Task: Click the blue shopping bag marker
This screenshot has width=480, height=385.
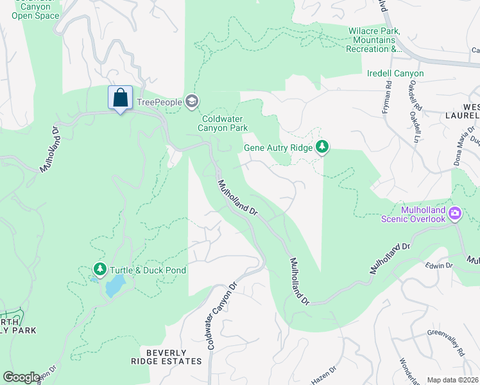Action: coord(120,98)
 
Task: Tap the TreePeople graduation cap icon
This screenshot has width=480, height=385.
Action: coord(191,101)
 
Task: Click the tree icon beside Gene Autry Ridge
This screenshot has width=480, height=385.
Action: coord(322,148)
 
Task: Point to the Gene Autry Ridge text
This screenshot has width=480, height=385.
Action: coord(278,148)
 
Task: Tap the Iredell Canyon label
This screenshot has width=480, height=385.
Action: coord(395,74)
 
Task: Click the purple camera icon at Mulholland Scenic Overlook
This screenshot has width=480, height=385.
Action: coord(455,212)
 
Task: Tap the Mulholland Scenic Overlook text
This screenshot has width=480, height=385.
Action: coord(422,214)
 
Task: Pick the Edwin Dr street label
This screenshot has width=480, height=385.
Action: coord(440,265)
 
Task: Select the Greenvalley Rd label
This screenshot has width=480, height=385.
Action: coord(447,341)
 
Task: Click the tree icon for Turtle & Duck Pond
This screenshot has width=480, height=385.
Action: coord(99,268)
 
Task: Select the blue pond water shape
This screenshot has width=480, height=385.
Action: coord(116,286)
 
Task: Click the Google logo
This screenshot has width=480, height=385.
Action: coord(22,377)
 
